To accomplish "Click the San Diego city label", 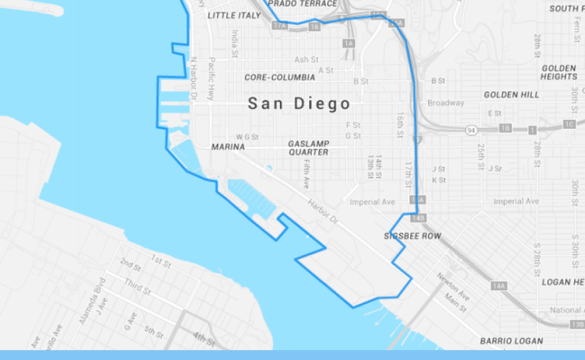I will click(x=298, y=104).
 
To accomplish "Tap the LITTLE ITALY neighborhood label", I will click(x=235, y=15).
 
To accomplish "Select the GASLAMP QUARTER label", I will click(x=308, y=147).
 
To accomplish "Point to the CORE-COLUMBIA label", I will click(x=280, y=77).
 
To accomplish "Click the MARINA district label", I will click(x=228, y=147).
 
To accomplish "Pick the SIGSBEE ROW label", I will click(x=412, y=236).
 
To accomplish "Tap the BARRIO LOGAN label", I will click(x=511, y=341).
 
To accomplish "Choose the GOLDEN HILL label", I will click(x=511, y=95).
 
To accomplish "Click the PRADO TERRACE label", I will click(x=302, y=4).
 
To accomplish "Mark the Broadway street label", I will click(x=445, y=103).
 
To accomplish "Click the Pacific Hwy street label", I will click(x=212, y=78).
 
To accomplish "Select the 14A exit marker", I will click(x=499, y=286).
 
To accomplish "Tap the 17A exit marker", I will click(x=281, y=25).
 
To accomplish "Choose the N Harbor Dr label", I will click(x=194, y=78).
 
